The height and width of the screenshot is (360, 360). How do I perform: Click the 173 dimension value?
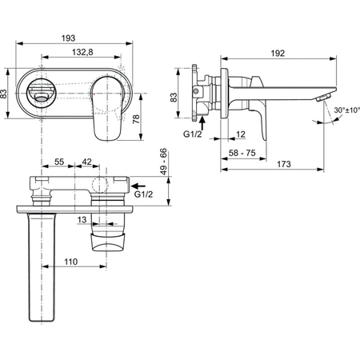283,163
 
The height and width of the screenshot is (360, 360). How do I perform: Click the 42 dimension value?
86,162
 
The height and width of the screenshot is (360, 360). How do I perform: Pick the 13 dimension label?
82,218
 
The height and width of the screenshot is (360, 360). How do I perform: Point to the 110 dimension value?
70,261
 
